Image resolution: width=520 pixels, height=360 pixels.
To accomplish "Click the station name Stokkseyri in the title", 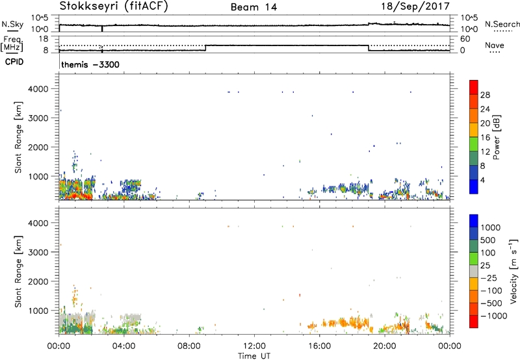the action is [x=90, y=6].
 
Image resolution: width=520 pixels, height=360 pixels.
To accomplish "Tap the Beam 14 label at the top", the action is [x=253, y=7].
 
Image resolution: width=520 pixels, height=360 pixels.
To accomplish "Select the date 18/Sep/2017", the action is [x=415, y=6].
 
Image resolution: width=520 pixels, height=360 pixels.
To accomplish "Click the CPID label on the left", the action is [x=14, y=62].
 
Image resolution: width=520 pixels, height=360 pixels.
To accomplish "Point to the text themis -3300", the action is [x=90, y=64].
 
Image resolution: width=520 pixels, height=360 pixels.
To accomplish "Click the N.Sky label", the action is [x=12, y=24].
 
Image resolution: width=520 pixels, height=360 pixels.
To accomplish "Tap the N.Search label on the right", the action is [x=502, y=24].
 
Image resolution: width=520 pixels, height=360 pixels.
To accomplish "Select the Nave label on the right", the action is [x=495, y=45].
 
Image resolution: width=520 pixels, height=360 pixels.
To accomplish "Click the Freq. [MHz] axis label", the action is [x=12, y=44].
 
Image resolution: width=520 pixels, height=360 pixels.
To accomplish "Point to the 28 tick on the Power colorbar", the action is [x=485, y=95].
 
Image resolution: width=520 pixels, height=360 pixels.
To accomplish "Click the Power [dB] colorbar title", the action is [x=496, y=137].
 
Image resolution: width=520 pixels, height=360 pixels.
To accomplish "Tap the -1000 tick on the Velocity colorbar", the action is [x=494, y=316].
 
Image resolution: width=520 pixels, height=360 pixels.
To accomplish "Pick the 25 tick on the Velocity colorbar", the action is [x=485, y=266].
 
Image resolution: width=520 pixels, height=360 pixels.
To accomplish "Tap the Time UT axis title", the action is [x=254, y=356].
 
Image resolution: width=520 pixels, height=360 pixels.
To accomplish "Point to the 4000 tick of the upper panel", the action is [x=39, y=89].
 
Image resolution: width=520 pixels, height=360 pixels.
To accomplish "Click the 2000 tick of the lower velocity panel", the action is [x=39, y=281].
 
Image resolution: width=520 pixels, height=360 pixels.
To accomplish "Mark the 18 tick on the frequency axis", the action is [x=44, y=39].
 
